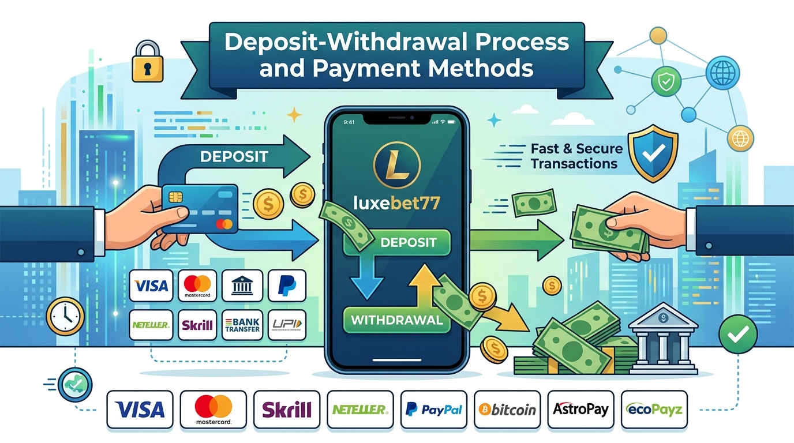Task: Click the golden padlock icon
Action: click(x=148, y=61)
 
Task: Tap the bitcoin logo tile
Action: click(x=507, y=410)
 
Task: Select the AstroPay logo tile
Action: click(x=580, y=410)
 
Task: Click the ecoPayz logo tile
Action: click(x=654, y=410)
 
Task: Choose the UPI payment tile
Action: click(x=287, y=325)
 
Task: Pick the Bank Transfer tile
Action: click(x=242, y=325)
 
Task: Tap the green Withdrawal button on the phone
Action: click(x=396, y=320)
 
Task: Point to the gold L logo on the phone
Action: click(x=397, y=165)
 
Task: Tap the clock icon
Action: click(x=65, y=316)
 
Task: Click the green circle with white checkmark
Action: click(x=738, y=334)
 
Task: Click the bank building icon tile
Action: click(x=242, y=286)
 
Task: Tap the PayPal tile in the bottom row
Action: click(x=433, y=410)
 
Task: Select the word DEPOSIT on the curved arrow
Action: click(x=234, y=157)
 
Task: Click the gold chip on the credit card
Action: click(x=175, y=197)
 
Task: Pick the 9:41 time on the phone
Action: click(x=349, y=122)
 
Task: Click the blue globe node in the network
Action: click(x=722, y=73)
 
